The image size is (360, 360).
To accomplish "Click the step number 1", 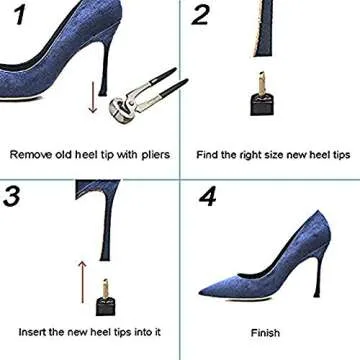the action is pos(21,15).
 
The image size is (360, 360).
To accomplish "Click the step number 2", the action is pos(202,15).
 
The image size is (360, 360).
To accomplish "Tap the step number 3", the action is pos(12,196).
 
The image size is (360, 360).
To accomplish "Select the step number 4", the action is pos(207,196).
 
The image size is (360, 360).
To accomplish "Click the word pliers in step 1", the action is pos(154,155).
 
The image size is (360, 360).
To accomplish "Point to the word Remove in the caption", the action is pos(31,155).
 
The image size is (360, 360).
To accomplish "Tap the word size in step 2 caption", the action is pos(273,155).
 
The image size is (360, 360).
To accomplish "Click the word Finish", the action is pos(265,333).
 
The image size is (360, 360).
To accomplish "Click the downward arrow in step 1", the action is pos(93,98).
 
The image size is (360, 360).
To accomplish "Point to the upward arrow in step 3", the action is pos(82,282).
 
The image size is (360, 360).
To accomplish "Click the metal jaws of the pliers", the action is pos(121,108).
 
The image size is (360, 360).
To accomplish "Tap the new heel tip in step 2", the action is pos(262,95).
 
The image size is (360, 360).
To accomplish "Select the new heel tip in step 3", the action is pos(106,297).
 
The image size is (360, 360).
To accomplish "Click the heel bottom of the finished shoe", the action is pos(316,295).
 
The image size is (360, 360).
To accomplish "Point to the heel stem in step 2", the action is pos(264,28).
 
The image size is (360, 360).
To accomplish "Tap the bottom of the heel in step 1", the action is pos(103,93).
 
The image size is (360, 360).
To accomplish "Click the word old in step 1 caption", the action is pos(64,155).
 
